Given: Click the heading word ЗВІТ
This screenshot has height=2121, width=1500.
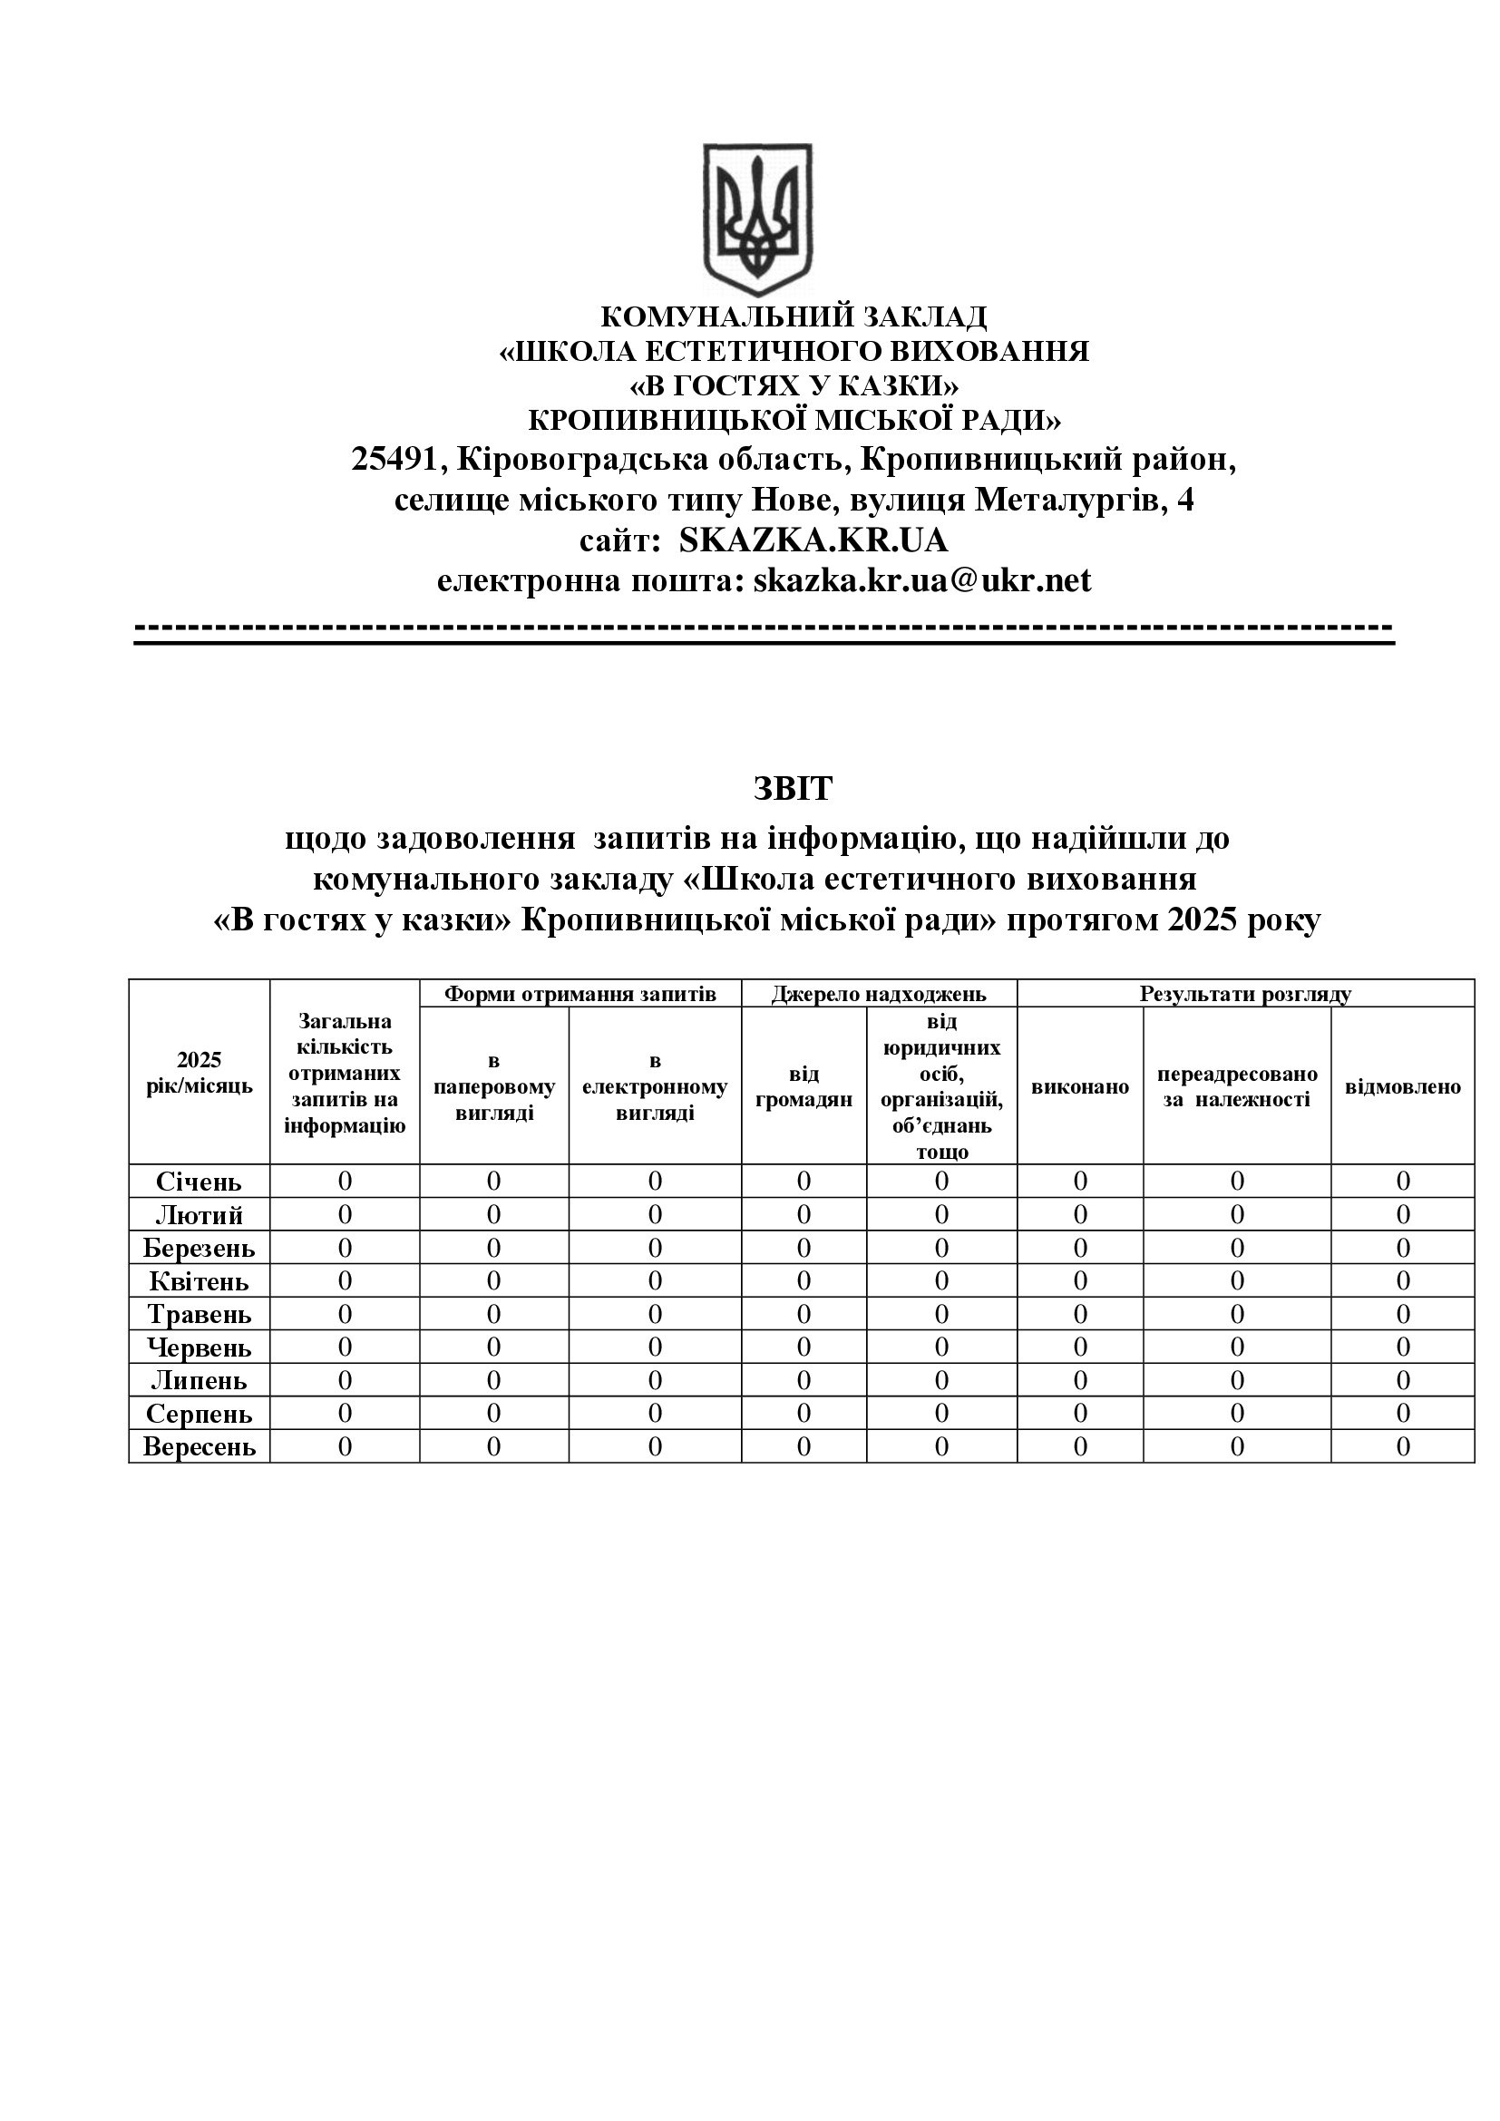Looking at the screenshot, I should point(793,788).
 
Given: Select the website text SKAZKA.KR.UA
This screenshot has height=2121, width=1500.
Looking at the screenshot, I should point(813,540).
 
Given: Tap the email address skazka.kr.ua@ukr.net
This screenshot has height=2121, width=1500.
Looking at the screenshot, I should point(921,581).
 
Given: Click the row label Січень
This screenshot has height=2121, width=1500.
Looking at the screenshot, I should point(199,1182).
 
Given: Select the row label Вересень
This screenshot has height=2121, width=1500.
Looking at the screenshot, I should point(199,1446).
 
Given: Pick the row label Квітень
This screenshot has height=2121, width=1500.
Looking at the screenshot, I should point(199,1281).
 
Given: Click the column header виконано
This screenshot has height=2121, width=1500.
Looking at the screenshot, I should point(1080,1086).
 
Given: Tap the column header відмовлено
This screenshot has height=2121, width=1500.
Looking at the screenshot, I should point(1402,1086).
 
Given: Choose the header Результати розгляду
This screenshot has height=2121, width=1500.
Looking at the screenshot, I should point(1245,994).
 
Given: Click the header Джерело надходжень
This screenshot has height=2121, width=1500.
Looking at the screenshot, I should point(879,994).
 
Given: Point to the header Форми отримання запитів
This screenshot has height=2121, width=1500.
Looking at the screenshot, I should point(580,994).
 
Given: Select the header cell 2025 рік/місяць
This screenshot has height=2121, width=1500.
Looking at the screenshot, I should point(199,1073).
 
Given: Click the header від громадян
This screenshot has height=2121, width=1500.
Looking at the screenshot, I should point(804,1086).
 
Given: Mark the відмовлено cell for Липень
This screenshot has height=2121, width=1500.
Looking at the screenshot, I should point(1402,1380).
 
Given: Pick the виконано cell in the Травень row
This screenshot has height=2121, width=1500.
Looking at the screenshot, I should point(1080,1314).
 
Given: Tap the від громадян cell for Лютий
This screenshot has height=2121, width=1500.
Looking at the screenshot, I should point(804,1215).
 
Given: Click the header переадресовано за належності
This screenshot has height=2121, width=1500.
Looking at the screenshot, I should point(1237,1086).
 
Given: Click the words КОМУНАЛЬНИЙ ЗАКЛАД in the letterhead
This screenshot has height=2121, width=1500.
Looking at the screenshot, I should point(793,316).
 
